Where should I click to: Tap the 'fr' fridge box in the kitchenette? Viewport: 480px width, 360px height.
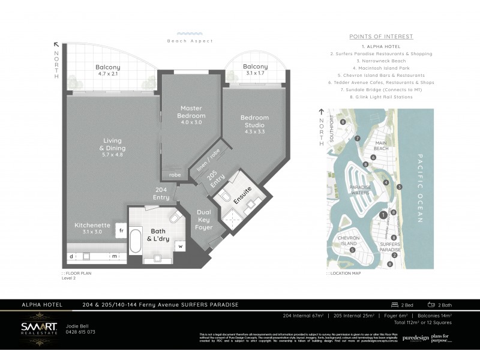[x=120, y=230]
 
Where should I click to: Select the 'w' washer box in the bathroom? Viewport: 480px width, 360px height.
[x=179, y=246]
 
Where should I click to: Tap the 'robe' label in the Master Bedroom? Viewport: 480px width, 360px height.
[x=174, y=175]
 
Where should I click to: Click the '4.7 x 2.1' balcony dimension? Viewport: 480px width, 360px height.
[x=108, y=75]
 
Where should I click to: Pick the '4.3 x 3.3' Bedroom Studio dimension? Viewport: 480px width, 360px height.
[x=254, y=131]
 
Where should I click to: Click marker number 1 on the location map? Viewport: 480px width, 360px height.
[x=382, y=215]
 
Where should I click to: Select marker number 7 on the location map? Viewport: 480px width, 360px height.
[x=357, y=138]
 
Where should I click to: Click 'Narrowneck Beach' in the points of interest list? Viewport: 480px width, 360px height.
[x=382, y=61]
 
